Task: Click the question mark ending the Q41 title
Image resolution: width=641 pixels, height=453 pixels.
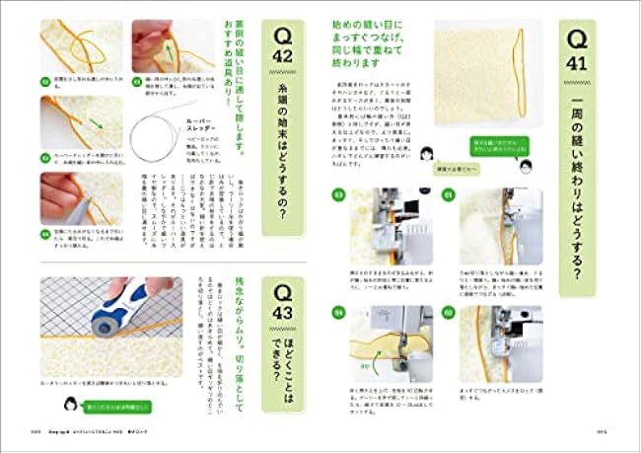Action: pos(582,269)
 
